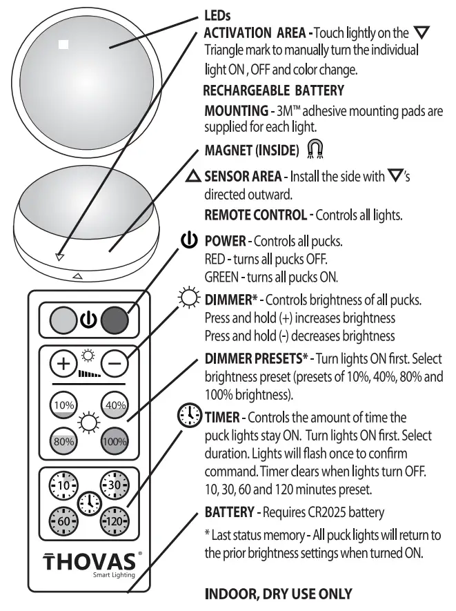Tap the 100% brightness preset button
(x=115, y=440)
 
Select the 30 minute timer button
(x=115, y=486)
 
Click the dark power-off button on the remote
(x=114, y=319)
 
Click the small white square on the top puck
(x=64, y=44)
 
